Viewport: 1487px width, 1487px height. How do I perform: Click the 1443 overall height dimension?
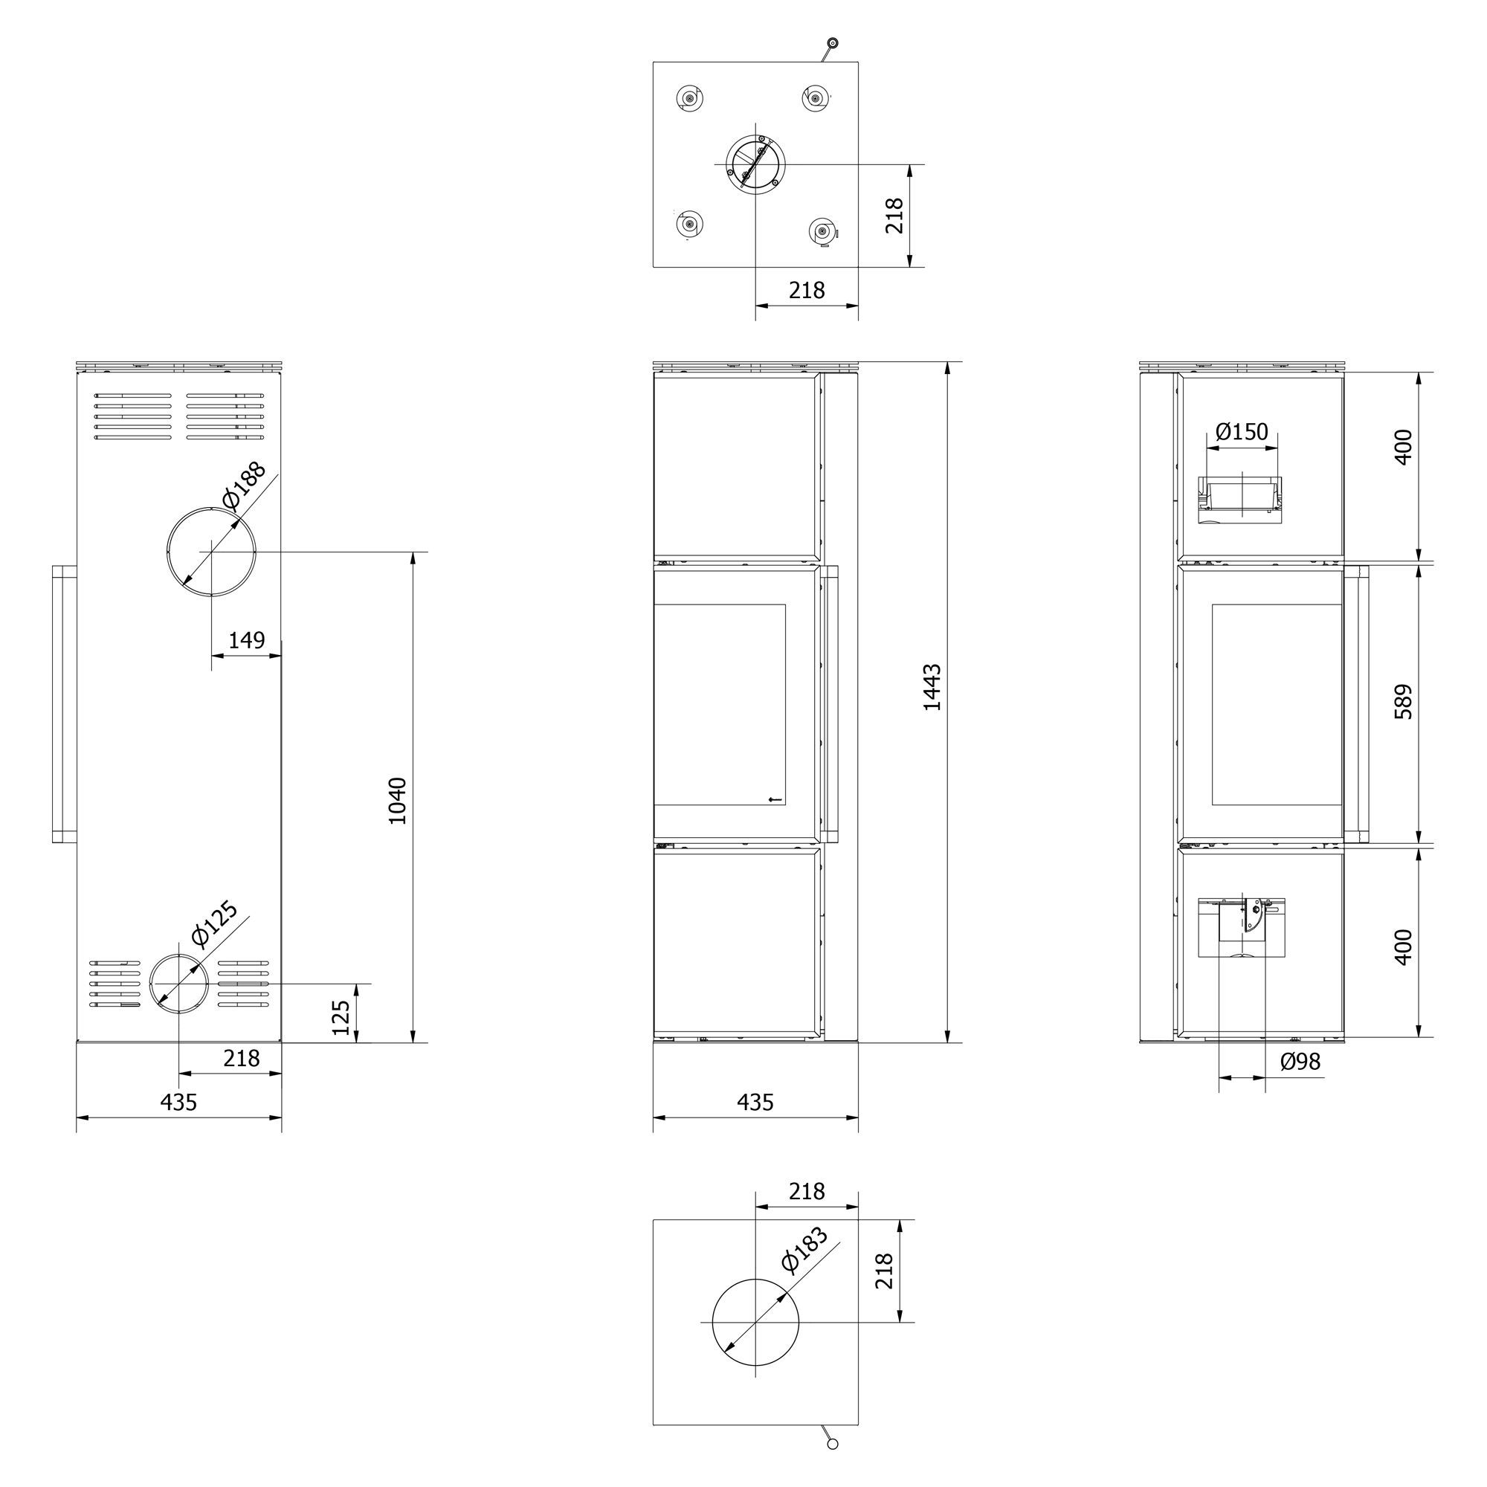tap(932, 687)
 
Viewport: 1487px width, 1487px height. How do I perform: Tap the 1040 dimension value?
tap(397, 801)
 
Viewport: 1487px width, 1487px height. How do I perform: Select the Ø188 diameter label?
tap(243, 485)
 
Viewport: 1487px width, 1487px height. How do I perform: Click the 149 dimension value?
tap(246, 640)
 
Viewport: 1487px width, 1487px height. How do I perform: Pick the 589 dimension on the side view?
tap(1403, 701)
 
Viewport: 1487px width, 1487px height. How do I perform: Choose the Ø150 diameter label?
tap(1242, 432)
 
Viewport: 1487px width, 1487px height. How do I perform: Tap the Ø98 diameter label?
tap(1300, 1062)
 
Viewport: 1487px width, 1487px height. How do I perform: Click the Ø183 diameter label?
tap(804, 1248)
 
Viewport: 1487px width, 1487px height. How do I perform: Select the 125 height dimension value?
tap(341, 1018)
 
